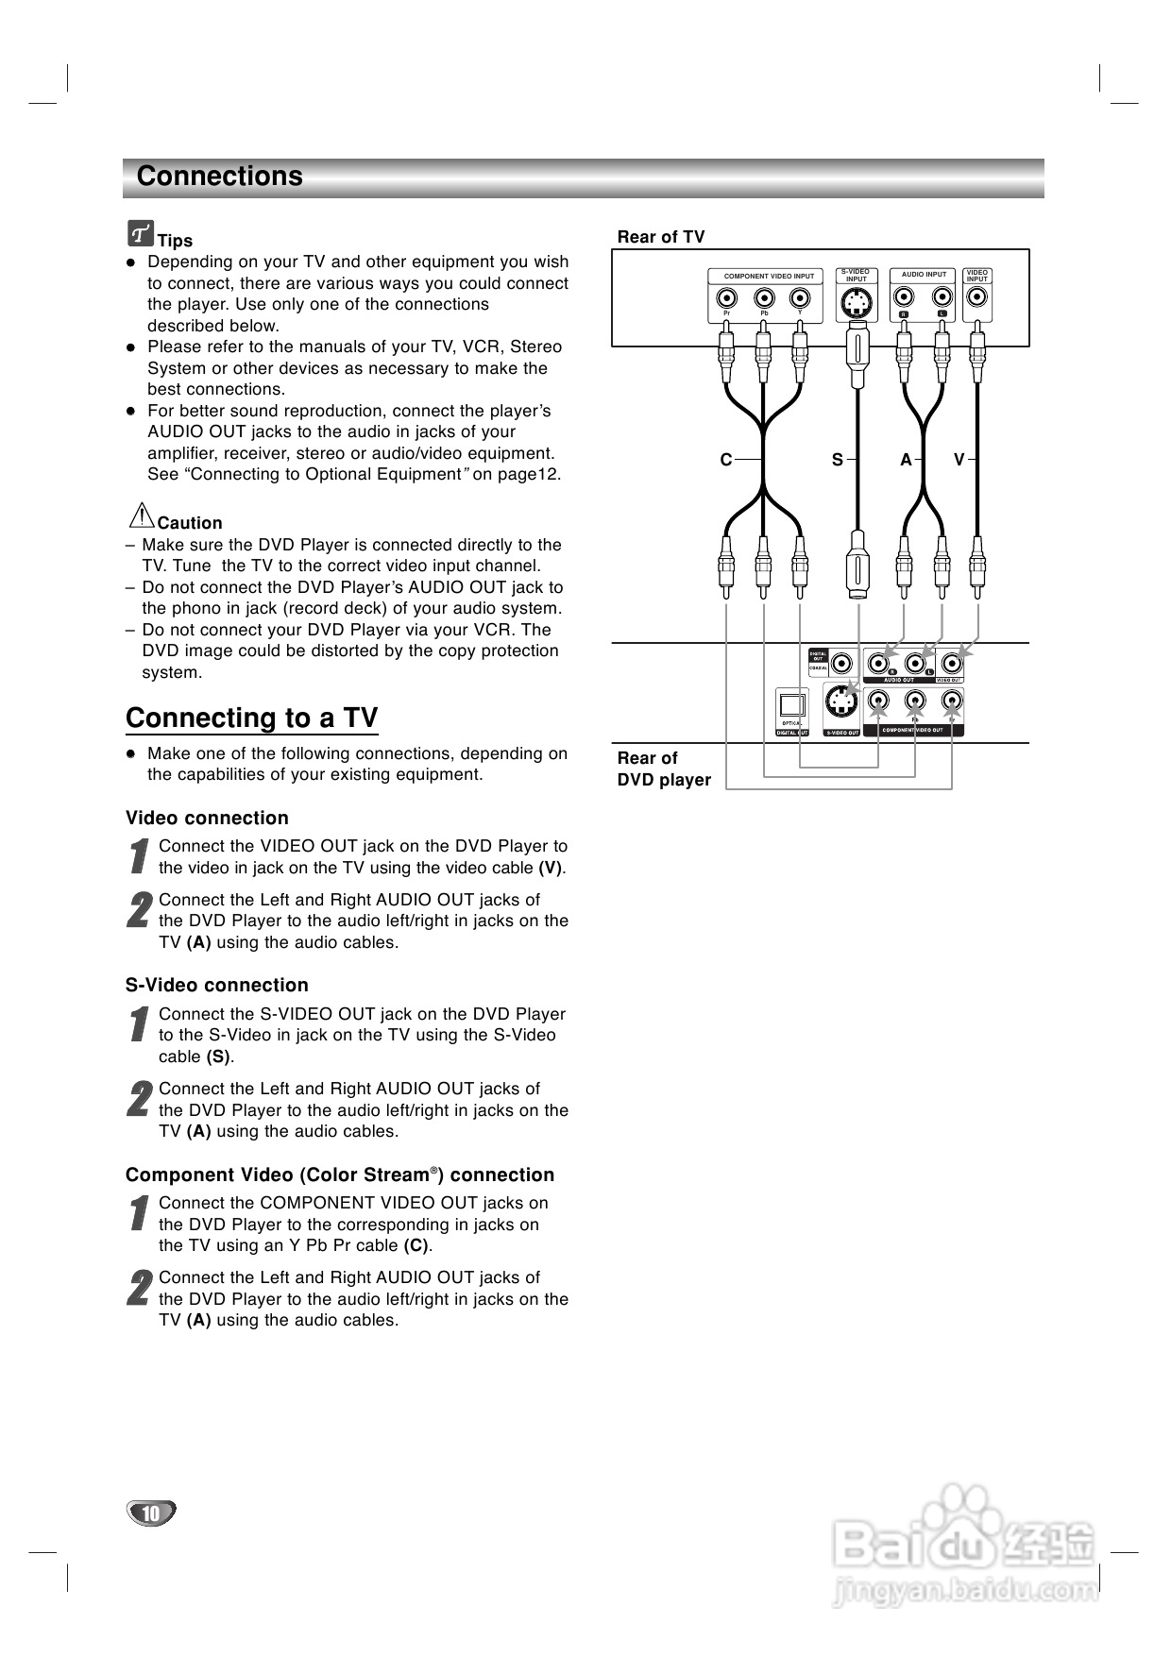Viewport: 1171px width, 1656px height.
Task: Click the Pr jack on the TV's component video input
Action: pyautogui.click(x=726, y=299)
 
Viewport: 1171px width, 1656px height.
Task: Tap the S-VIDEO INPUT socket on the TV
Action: pyautogui.click(x=856, y=302)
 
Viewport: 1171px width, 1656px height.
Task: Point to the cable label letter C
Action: pyautogui.click(x=726, y=460)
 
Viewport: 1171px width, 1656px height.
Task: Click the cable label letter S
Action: pyautogui.click(x=837, y=460)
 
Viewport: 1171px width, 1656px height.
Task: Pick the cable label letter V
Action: pyautogui.click(x=959, y=460)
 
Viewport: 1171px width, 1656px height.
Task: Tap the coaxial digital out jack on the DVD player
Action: pyautogui.click(x=841, y=664)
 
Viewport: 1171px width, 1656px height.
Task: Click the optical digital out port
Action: pyautogui.click(x=791, y=705)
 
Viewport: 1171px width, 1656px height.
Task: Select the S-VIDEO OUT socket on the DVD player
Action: pyautogui.click(x=840, y=701)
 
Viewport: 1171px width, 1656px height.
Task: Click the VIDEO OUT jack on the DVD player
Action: pyautogui.click(x=952, y=663)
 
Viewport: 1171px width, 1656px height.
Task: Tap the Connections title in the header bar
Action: pyautogui.click(x=220, y=177)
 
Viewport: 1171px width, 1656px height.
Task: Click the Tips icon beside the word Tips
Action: pyautogui.click(x=141, y=232)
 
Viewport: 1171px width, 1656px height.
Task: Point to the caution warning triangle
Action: pyautogui.click(x=141, y=515)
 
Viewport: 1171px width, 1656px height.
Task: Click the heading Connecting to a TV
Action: pyautogui.click(x=252, y=718)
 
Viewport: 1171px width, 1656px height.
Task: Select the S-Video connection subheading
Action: pyautogui.click(x=217, y=986)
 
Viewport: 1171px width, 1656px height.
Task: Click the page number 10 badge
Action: pyautogui.click(x=151, y=1513)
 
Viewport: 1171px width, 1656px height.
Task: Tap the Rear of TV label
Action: pyautogui.click(x=661, y=237)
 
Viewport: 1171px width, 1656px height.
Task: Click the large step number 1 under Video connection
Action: pyautogui.click(x=140, y=855)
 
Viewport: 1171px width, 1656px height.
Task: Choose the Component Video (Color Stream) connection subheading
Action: pyautogui.click(x=340, y=1175)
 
